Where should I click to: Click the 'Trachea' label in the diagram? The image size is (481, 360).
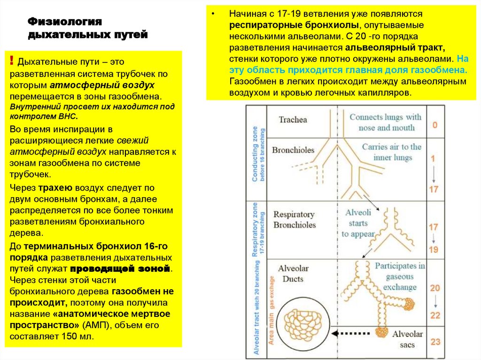pos(293,120)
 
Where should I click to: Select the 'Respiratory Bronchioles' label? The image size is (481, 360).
pos(295,220)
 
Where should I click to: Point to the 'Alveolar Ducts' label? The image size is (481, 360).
pos(293,274)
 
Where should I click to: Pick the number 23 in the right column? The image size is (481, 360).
pos(435,341)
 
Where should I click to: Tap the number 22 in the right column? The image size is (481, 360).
pos(435,315)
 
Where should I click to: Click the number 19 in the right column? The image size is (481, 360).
pos(434,249)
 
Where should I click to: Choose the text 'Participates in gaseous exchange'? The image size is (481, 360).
pos(400,276)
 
